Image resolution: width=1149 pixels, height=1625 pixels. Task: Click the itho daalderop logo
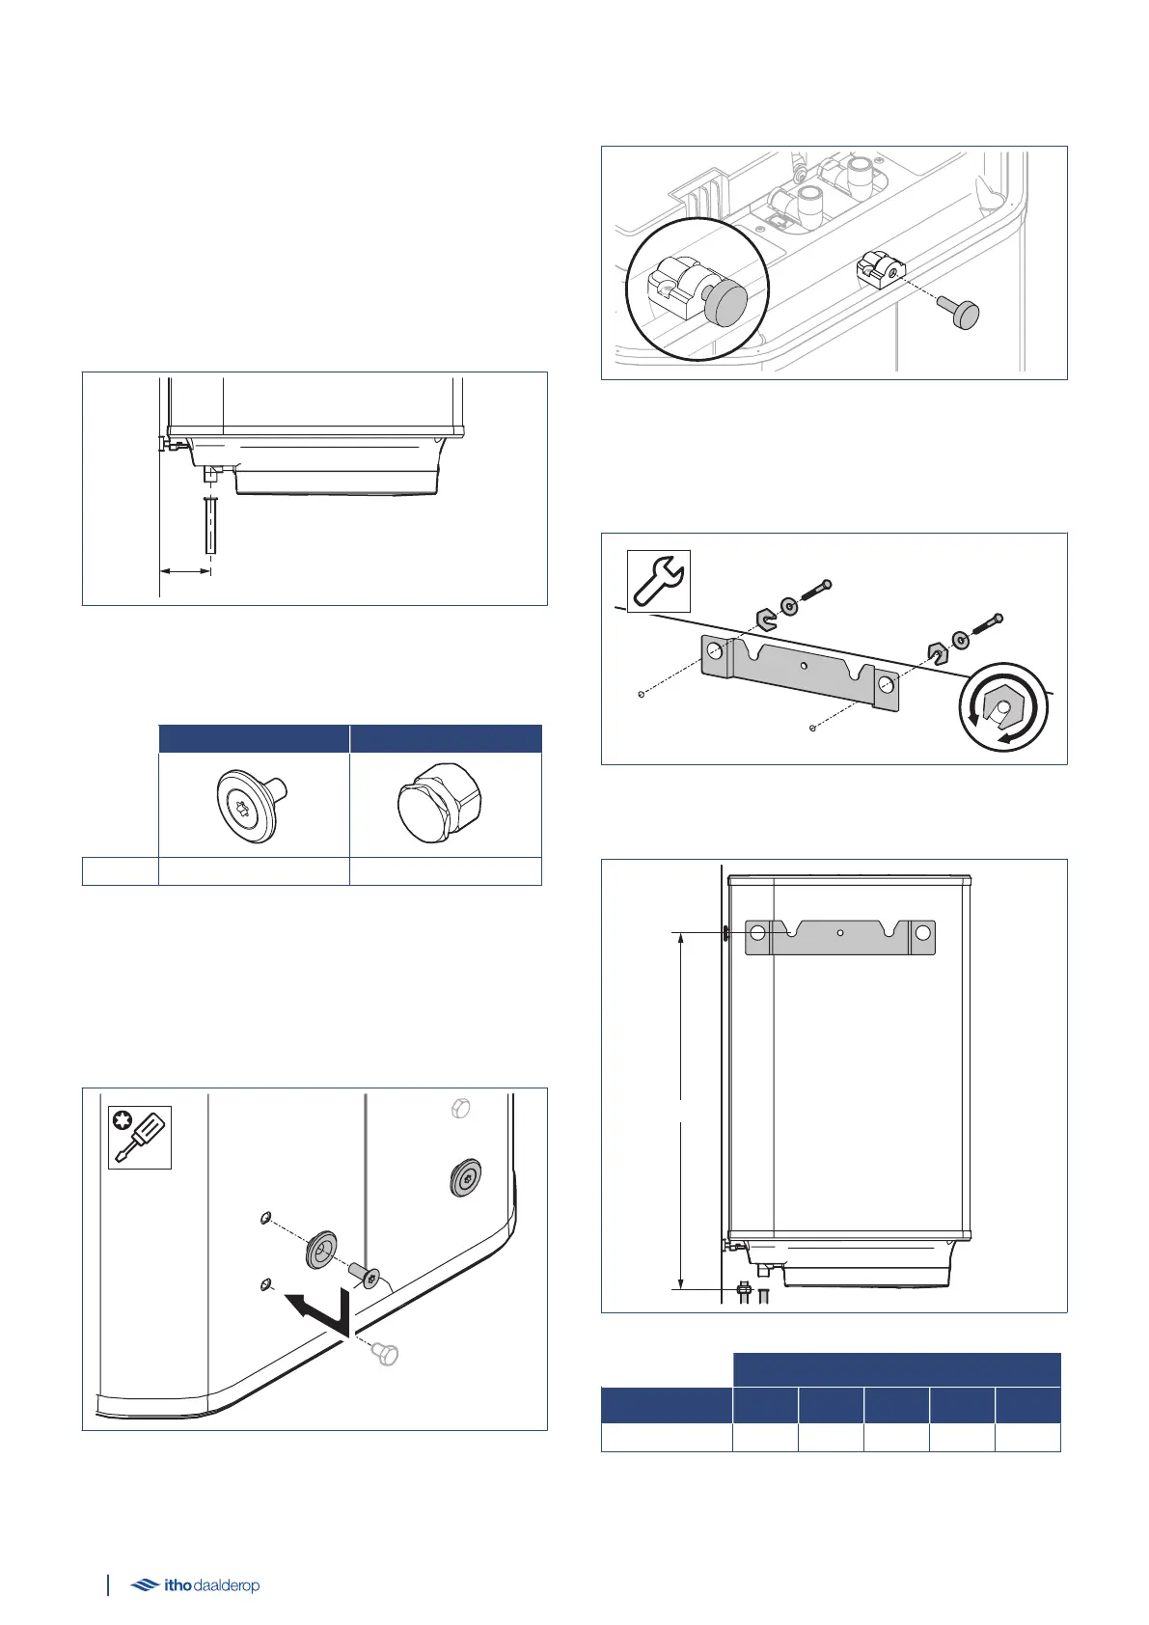(195, 1584)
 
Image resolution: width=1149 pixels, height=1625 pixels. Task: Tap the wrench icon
(659, 581)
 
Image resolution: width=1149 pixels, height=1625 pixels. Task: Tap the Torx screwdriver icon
(139, 1137)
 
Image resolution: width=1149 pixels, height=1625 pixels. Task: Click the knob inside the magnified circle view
(725, 304)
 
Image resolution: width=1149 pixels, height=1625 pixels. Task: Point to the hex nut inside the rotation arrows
(1004, 710)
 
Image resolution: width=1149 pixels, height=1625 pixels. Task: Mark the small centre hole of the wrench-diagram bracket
(805, 666)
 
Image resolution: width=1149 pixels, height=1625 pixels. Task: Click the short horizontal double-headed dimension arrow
(185, 571)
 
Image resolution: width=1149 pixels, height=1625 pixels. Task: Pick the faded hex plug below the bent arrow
(384, 1355)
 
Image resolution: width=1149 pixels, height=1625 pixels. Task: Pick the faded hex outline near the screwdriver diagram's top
(460, 1109)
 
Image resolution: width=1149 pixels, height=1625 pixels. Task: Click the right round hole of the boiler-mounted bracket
(923, 933)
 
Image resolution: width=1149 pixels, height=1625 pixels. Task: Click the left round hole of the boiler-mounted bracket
(757, 933)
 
